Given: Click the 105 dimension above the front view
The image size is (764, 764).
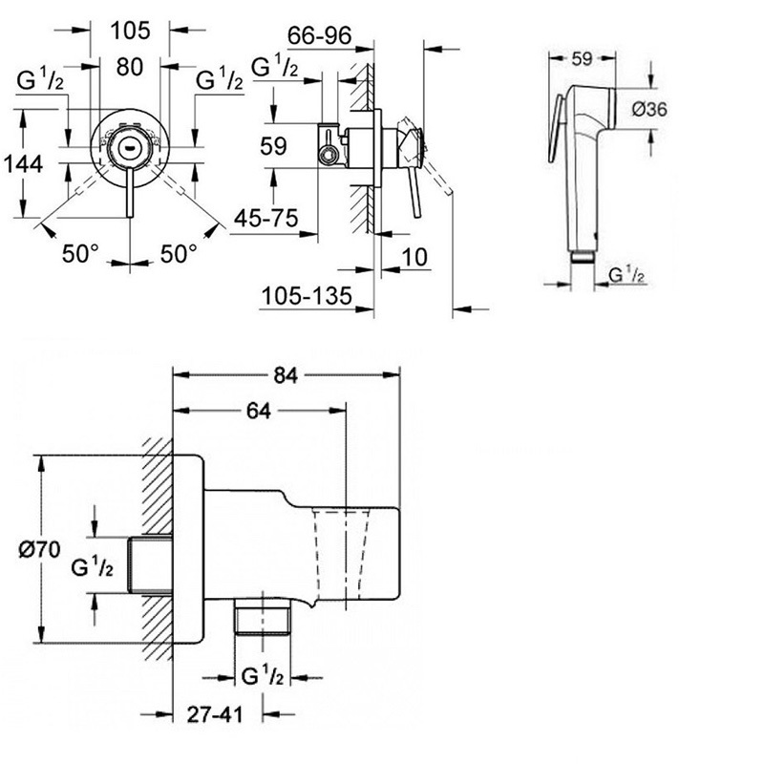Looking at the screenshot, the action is [x=130, y=31].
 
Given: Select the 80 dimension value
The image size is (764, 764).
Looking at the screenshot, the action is [x=130, y=67].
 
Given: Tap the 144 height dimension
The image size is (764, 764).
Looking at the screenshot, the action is [x=23, y=163].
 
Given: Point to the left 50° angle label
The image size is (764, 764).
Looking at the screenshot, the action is [x=80, y=253].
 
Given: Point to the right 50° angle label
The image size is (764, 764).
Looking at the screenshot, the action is [x=180, y=253].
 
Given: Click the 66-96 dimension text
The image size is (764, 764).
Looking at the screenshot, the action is [x=319, y=35].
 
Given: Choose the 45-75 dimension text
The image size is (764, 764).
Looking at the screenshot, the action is [x=266, y=219].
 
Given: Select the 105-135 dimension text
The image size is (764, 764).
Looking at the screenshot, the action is [x=307, y=296].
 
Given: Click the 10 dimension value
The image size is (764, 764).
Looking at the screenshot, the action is [x=414, y=257].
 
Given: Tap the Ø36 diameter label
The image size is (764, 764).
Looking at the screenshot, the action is [x=650, y=109].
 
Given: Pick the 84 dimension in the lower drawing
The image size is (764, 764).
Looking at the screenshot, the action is [x=286, y=375].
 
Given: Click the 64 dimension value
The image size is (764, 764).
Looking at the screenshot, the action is [x=258, y=412].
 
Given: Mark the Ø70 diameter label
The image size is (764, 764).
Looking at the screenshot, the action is [x=40, y=550].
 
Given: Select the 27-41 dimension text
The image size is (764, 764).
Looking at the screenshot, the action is [x=215, y=714].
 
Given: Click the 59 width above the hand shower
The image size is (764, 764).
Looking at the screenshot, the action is [x=582, y=59].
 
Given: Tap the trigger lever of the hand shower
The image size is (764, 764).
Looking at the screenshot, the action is [x=557, y=128].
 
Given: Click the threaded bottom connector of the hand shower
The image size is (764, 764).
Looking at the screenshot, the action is [x=582, y=257].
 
